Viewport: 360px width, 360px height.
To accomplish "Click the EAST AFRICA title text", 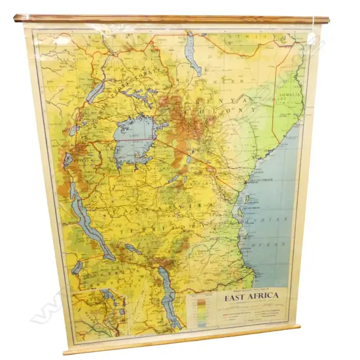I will click(x=252, y=296).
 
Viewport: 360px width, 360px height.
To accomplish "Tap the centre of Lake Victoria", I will click(x=135, y=139).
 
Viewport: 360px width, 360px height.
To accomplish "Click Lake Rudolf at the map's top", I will click(x=192, y=56).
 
